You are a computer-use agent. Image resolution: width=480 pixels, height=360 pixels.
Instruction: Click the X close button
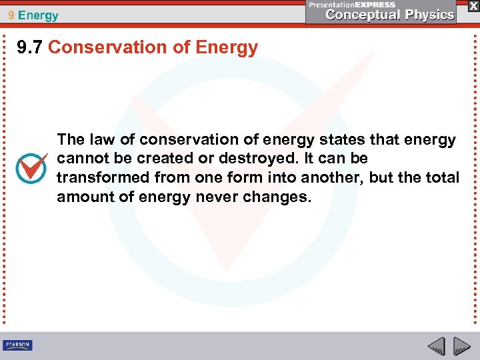click(x=472, y=6)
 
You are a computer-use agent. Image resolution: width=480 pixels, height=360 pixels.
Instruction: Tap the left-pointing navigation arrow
click(x=436, y=346)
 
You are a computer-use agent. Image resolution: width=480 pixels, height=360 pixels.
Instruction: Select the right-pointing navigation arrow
click(x=461, y=346)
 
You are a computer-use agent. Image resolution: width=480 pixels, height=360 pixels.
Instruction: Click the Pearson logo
click(x=17, y=345)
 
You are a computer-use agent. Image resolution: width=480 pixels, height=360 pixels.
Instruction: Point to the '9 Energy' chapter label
click(x=33, y=15)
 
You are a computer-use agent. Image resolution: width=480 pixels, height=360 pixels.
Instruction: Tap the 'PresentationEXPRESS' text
click(x=352, y=5)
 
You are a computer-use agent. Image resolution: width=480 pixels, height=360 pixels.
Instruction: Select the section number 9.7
click(x=31, y=47)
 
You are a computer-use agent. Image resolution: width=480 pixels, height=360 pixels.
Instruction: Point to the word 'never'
click(x=217, y=197)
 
